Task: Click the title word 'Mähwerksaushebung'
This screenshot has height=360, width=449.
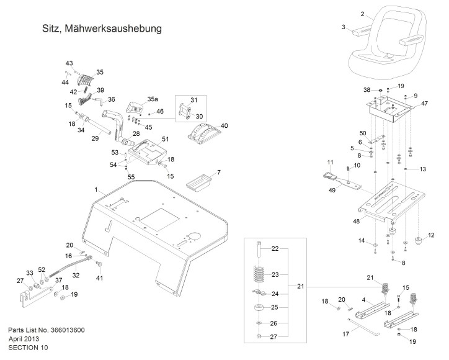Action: click(113, 29)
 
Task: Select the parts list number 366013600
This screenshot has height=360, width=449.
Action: click(68, 330)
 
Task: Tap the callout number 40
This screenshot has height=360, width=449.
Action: click(225, 126)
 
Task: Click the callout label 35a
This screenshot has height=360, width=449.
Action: click(153, 99)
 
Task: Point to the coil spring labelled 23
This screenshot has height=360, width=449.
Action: click(259, 274)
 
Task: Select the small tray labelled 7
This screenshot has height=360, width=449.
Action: click(198, 182)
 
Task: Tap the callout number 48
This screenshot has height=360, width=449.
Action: click(356, 221)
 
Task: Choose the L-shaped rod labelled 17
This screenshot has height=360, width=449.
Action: click(363, 326)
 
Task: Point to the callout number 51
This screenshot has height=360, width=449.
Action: click(165, 139)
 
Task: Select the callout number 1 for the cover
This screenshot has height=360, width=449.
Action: click(96, 190)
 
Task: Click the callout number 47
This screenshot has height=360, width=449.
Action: click(424, 104)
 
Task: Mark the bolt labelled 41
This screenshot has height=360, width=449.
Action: click(100, 264)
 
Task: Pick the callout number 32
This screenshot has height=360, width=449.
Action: click(76, 275)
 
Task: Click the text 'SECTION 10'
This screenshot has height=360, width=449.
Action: click(28, 348)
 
